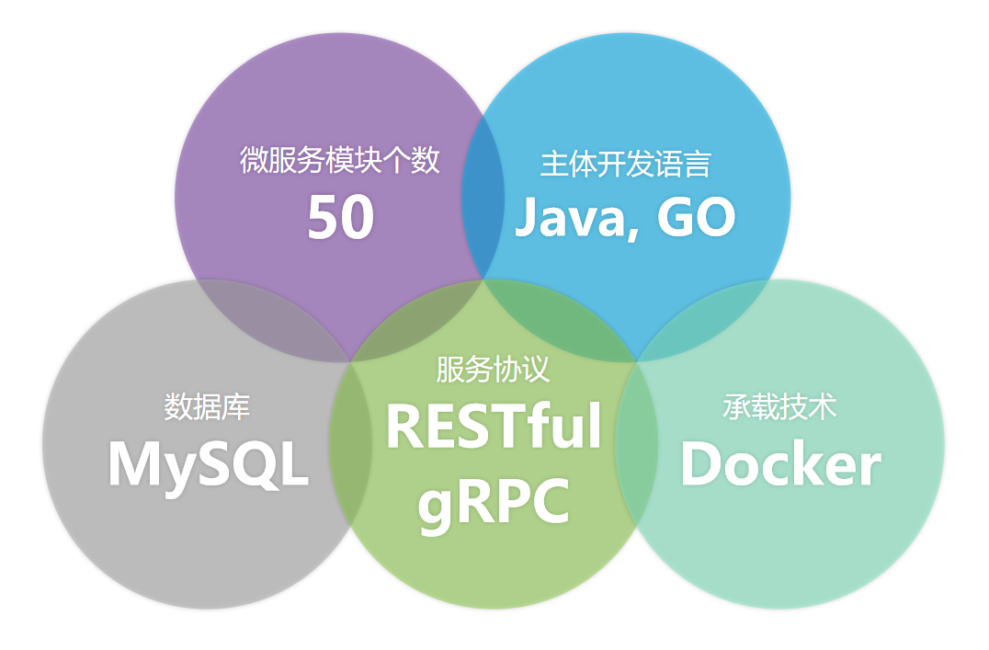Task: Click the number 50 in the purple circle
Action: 340,218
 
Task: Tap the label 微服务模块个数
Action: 340,161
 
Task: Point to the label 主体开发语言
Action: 625,165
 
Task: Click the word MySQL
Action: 208,464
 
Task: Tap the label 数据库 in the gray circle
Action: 207,406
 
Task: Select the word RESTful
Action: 494,427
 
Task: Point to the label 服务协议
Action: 493,370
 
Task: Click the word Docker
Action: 779,464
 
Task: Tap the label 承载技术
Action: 779,407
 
